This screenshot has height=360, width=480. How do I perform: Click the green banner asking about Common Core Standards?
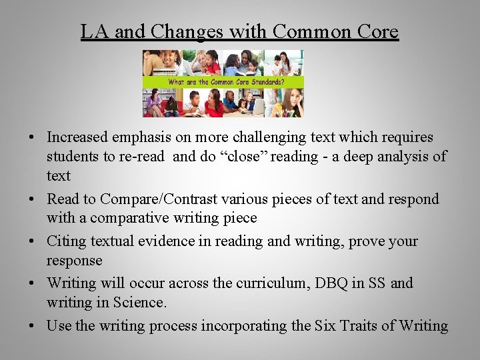tap(223, 82)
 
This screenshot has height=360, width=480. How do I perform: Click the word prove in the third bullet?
tap(367, 241)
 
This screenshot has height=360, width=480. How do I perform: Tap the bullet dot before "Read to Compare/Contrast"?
tap(31, 199)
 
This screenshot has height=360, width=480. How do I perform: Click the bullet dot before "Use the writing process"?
tap(31, 326)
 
